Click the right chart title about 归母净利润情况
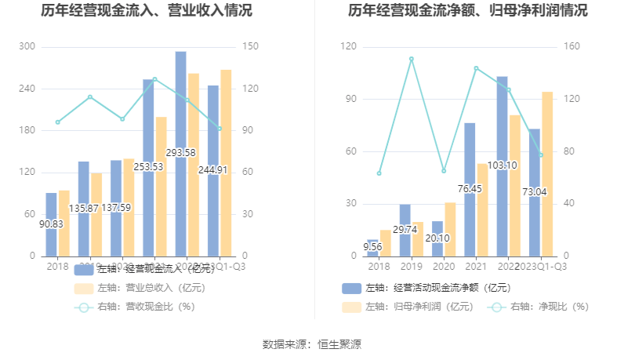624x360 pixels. tap(468, 11)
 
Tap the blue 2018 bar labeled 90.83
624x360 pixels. tap(51, 224)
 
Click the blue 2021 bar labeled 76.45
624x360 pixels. tap(470, 189)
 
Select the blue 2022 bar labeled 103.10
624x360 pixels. tap(502, 165)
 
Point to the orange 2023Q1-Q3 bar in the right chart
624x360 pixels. tap(547, 173)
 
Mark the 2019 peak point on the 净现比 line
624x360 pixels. tap(411, 59)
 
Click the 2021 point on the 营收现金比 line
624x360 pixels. tap(154, 79)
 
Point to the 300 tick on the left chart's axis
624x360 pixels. tap(27, 47)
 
